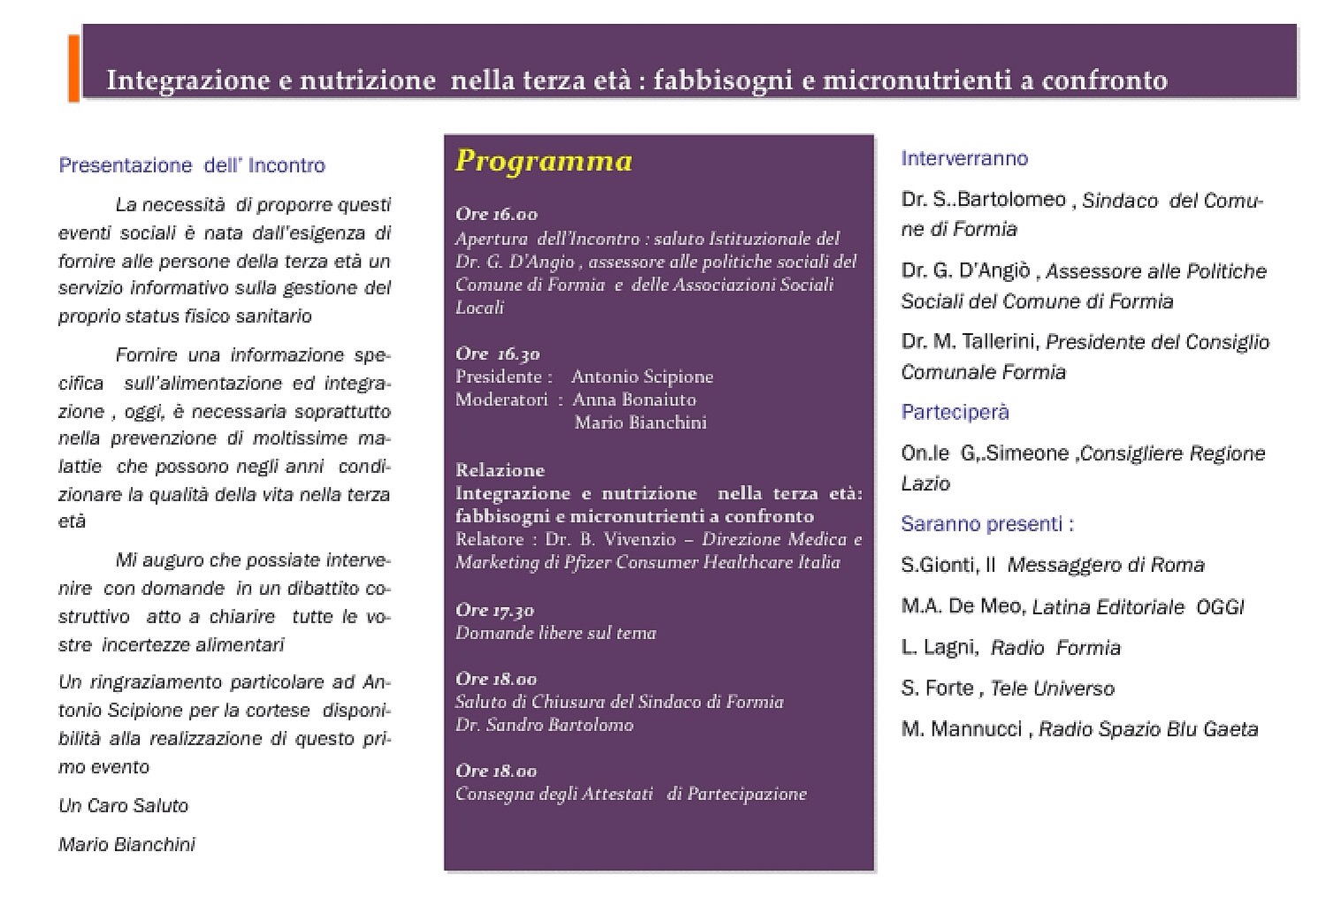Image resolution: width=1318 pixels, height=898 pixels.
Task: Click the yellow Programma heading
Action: click(x=544, y=161)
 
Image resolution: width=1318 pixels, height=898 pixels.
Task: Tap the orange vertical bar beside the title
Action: click(x=73, y=69)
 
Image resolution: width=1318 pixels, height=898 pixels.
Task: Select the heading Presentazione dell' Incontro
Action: click(x=192, y=165)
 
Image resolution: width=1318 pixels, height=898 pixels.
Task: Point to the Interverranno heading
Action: click(x=964, y=158)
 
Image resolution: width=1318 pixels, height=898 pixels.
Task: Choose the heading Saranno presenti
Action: click(x=987, y=524)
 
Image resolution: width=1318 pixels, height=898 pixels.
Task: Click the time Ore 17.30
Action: click(x=494, y=610)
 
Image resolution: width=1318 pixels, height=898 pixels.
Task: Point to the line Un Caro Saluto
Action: click(x=124, y=805)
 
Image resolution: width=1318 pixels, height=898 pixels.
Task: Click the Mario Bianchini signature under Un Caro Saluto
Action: click(x=126, y=844)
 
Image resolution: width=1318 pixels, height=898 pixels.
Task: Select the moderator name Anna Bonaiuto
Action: click(x=634, y=400)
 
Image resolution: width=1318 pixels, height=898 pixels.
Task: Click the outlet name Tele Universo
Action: click(x=1052, y=688)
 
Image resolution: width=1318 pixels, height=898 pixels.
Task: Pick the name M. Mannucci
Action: click(x=961, y=729)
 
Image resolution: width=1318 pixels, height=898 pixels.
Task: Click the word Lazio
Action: click(x=926, y=483)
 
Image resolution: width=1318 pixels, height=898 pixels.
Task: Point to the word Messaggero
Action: click(x=1065, y=565)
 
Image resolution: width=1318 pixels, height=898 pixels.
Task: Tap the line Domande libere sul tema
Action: click(x=555, y=633)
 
